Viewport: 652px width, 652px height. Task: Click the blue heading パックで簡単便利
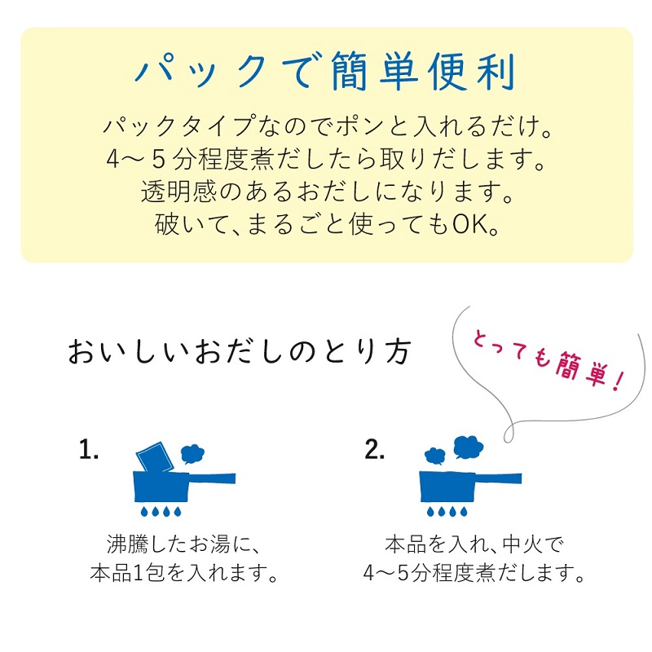325,72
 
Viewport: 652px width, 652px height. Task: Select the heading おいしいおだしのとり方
240,352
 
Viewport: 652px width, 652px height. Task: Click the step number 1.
89,450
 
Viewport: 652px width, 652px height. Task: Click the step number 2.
374,450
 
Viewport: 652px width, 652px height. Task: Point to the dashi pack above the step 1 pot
155,456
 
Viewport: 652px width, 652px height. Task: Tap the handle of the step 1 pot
212,478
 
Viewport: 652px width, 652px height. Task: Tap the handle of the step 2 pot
498,478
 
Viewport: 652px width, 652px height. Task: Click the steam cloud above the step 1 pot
192,454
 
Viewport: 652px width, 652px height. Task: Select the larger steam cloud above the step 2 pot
468,447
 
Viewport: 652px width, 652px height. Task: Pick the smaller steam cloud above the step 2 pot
435,456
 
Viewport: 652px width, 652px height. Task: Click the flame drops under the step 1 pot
161,511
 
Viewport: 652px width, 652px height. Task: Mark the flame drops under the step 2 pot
447,511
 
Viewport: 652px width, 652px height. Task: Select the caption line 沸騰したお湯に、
183,544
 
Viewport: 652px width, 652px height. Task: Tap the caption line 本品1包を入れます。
184,573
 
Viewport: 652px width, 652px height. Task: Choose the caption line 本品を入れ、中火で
474,544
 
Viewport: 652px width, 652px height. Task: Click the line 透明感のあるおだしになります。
328,192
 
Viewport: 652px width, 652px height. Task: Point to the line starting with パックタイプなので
328,126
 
